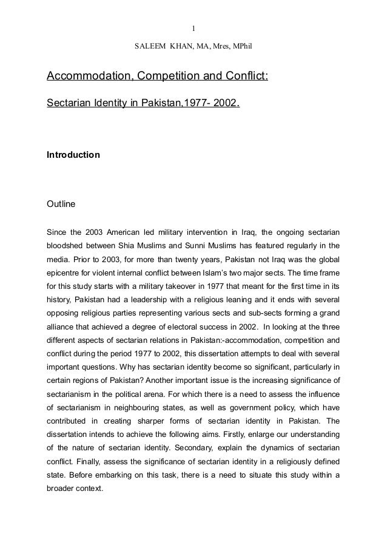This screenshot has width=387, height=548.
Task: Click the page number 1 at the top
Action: click(x=193, y=27)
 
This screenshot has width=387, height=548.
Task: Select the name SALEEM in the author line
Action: click(x=150, y=47)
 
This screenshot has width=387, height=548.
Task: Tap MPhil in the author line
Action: click(x=241, y=47)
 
